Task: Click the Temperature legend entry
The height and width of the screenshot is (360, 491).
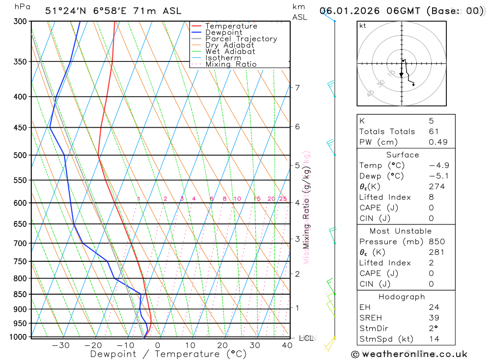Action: click(231, 26)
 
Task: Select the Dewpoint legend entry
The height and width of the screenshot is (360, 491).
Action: click(223, 32)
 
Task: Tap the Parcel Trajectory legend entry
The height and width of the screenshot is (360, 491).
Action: click(241, 39)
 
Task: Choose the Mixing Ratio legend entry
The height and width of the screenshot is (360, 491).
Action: click(231, 64)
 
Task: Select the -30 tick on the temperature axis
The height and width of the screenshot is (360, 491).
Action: click(60, 345)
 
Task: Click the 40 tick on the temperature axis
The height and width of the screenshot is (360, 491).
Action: click(287, 345)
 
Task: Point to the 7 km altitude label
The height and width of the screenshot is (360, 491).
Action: click(297, 88)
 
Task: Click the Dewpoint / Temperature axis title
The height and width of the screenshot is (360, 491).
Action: click(168, 354)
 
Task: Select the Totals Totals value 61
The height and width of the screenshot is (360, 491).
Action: click(434, 132)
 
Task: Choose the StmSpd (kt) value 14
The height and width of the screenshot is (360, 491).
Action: click(434, 339)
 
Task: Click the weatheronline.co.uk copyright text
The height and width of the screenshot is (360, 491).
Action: click(409, 354)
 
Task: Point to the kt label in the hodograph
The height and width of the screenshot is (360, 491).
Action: click(363, 26)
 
